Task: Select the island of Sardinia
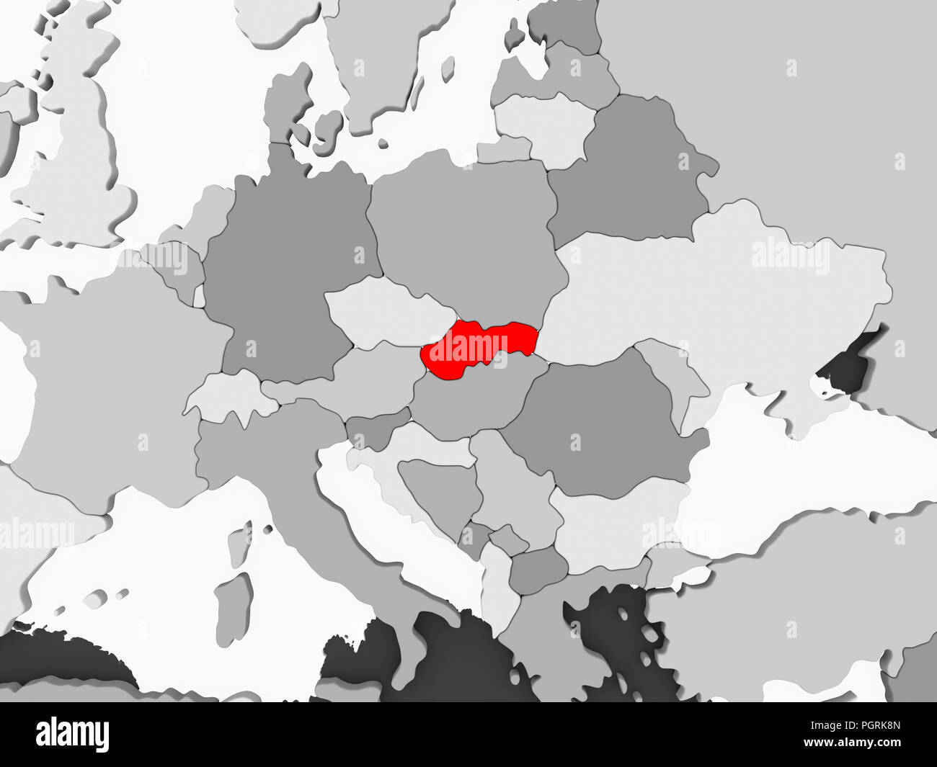pos(234,605)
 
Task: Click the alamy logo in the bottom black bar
pos(73,735)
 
